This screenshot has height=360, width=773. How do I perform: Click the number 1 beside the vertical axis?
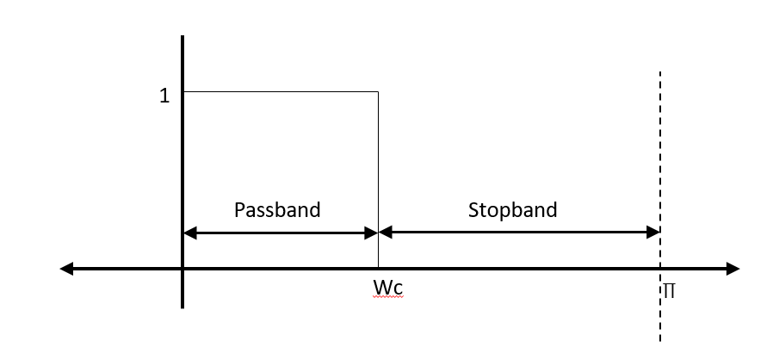[164, 96]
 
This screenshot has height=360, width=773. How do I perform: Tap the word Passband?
[277, 209]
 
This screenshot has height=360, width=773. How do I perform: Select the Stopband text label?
[512, 209]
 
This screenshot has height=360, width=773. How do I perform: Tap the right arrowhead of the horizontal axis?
[733, 269]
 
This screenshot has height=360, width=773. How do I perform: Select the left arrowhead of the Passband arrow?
[190, 232]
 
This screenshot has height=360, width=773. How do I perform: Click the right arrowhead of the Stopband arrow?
[653, 232]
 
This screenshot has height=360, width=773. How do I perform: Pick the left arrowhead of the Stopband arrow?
[385, 232]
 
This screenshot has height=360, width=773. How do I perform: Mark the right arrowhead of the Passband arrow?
[372, 232]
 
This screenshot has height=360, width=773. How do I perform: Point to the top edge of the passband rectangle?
[281, 91]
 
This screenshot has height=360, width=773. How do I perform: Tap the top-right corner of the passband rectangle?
[378, 91]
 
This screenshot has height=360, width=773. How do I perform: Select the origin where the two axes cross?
[182, 269]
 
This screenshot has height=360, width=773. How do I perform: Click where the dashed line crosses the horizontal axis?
[660, 269]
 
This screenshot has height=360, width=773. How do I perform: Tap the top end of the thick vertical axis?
[182, 39]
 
